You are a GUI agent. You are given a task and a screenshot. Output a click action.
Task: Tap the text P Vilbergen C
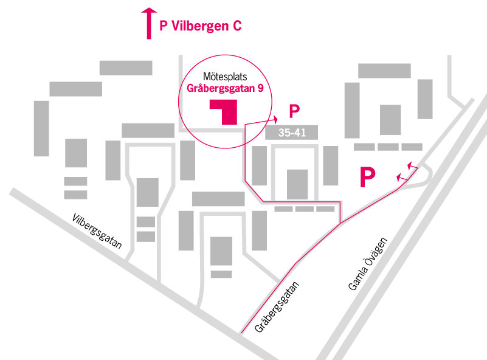(200, 26)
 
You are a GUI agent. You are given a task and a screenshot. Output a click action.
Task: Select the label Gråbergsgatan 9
(226, 89)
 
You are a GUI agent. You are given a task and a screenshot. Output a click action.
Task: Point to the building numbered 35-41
(292, 133)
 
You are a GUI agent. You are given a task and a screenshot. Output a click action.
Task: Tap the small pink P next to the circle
(294, 111)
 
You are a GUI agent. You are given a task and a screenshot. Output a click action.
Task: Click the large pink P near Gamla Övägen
(367, 177)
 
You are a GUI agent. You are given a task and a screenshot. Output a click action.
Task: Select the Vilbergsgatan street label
(97, 231)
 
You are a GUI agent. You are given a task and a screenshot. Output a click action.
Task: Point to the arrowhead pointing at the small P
(275, 119)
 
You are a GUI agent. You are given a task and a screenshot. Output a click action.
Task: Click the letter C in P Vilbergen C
(237, 26)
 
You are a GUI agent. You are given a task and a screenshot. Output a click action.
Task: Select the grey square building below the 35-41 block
(297, 184)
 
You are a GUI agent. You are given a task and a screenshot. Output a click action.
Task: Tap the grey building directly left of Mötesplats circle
(148, 130)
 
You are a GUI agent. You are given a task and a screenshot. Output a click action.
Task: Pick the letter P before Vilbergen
(163, 26)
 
